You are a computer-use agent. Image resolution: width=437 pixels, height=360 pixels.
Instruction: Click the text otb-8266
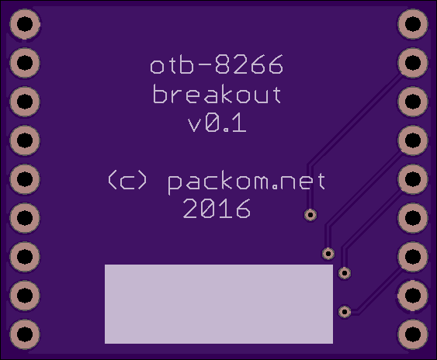[217, 64]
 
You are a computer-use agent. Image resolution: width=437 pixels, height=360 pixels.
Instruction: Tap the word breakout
[217, 94]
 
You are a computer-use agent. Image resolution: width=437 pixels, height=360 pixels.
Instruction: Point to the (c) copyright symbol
[127, 180]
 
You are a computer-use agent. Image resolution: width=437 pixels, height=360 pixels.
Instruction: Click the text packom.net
[246, 182]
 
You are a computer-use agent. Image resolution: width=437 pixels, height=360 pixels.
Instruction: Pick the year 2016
[217, 209]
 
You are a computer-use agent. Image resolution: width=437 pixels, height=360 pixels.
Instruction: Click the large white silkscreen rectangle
[219, 304]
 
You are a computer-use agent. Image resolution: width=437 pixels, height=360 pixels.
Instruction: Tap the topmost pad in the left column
[25, 24]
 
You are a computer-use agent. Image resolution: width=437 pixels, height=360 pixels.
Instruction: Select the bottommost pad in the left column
[25, 334]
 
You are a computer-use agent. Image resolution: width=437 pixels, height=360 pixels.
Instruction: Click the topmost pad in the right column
[413, 24]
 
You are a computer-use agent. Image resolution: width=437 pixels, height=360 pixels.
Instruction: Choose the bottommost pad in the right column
[413, 334]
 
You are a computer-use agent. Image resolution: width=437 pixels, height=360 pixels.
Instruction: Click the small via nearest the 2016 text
[310, 215]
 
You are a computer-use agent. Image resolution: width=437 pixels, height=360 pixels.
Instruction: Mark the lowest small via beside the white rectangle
[345, 312]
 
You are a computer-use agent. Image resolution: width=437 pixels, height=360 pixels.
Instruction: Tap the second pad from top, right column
[413, 62]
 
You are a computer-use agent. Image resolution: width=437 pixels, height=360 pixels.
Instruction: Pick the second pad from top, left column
[25, 62]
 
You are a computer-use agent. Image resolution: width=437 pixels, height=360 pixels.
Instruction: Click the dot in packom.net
[275, 188]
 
